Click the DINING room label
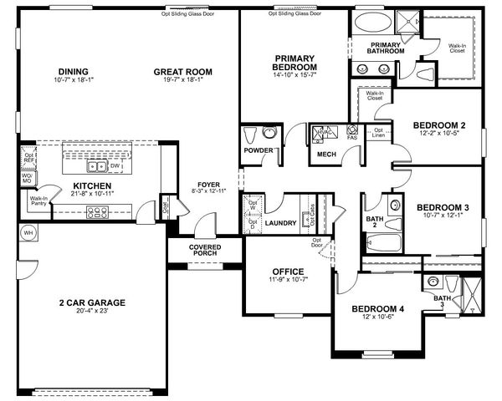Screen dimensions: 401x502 73,71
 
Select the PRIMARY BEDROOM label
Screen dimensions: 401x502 295,62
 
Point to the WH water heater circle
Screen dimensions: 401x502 28,231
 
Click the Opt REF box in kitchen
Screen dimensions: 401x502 29,158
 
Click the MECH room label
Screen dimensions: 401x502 326,155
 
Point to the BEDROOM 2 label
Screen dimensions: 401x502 439,125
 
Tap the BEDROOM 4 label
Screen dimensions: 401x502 377,308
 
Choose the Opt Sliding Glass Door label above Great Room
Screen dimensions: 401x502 187,13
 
